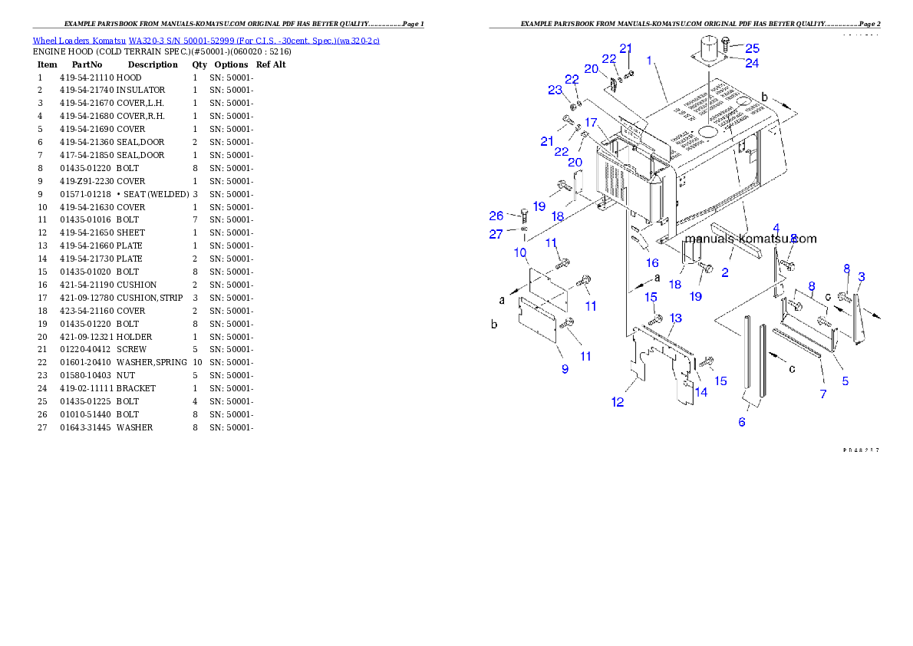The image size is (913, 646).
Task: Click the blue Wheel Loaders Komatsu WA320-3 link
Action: (x=206, y=41)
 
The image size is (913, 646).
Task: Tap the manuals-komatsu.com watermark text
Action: (x=750, y=239)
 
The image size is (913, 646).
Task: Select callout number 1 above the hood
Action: (x=649, y=60)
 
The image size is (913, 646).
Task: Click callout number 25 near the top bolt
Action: (x=752, y=48)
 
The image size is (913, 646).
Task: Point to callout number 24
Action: (x=752, y=63)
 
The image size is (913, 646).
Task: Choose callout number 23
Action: (x=555, y=90)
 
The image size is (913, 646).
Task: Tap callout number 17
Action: (x=591, y=123)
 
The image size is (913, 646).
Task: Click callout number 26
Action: (x=497, y=216)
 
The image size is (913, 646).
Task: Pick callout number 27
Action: (x=496, y=235)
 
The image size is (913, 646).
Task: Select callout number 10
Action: (x=520, y=252)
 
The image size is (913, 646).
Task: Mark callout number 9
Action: (x=565, y=369)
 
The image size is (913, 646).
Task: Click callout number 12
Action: (x=618, y=402)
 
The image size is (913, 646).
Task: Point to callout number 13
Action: (x=675, y=318)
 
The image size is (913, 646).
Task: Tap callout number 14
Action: (x=700, y=392)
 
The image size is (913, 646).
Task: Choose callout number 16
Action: (x=651, y=263)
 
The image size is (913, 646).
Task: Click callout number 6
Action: (x=742, y=422)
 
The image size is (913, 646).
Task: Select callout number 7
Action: (x=822, y=394)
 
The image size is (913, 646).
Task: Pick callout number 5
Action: (x=845, y=381)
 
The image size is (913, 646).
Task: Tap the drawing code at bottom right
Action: (x=860, y=450)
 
